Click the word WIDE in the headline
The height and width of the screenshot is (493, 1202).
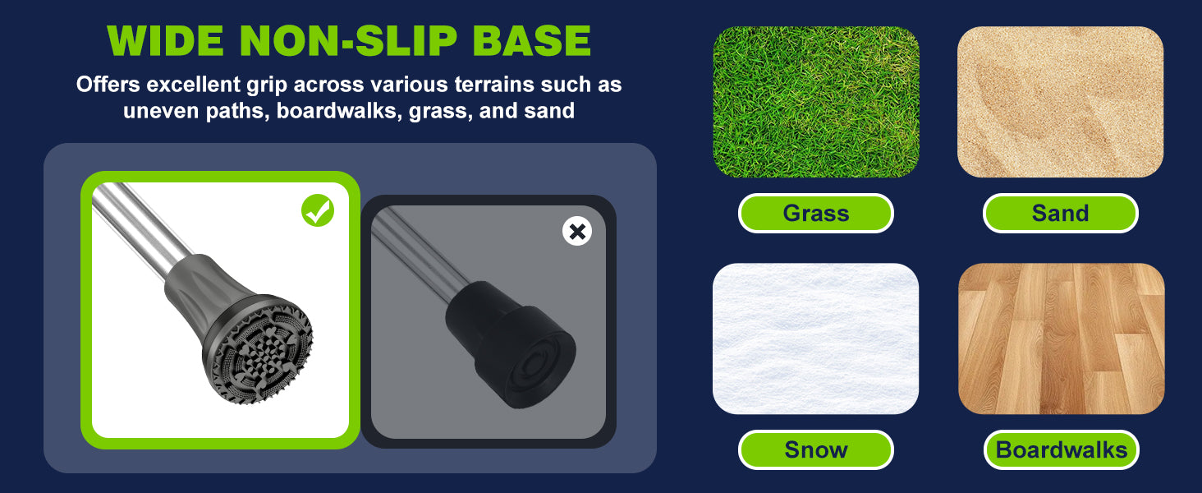(165, 40)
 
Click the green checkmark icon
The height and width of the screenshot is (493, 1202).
(318, 210)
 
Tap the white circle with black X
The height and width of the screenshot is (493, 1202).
(577, 232)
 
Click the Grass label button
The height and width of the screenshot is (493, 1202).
(815, 213)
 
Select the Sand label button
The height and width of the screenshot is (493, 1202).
(1060, 213)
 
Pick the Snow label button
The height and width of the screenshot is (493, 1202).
(815, 450)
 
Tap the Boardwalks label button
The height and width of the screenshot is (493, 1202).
(1062, 450)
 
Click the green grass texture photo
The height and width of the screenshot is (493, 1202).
(815, 102)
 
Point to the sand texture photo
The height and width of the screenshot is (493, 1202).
(1060, 102)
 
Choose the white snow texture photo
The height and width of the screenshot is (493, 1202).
(815, 339)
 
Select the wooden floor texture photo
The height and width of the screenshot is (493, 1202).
(1062, 339)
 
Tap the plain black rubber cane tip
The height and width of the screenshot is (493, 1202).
(510, 343)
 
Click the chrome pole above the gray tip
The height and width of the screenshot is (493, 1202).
(140, 228)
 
